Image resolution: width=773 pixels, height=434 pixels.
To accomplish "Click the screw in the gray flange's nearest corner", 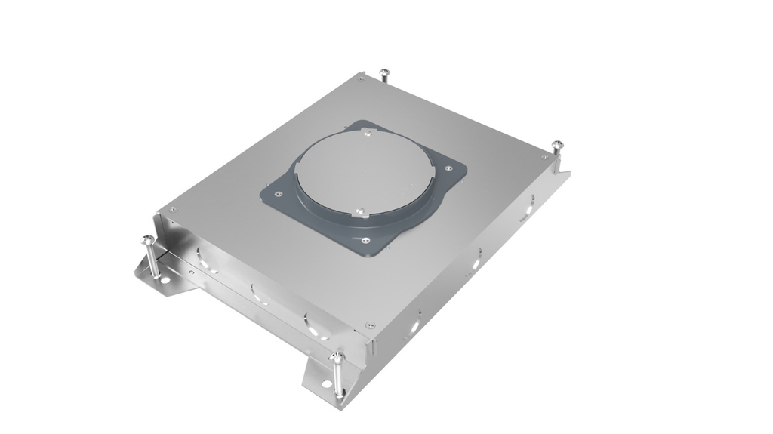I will (x=365, y=241).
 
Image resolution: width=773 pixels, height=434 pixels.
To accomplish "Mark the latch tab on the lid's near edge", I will (x=361, y=213).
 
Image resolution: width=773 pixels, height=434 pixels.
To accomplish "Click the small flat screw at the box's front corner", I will (x=369, y=325).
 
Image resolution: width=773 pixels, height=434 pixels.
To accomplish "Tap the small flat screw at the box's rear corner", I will (x=362, y=76).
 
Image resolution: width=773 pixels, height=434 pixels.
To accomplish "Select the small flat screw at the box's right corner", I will (x=544, y=156).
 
